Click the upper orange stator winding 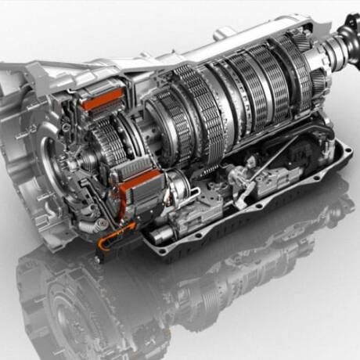pos(103,99)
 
